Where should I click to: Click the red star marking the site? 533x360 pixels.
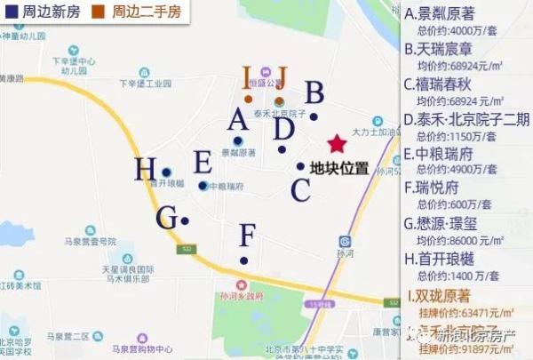[x=337, y=144]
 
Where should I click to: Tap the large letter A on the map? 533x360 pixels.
[x=237, y=119]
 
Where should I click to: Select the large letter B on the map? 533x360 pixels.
[x=314, y=93]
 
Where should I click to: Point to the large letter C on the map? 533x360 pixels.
[x=301, y=189]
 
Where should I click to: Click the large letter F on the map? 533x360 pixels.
[x=248, y=236]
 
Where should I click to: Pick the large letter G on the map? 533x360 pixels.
[x=166, y=218]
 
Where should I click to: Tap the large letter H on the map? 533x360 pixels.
[x=146, y=169]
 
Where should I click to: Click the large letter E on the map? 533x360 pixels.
[x=203, y=163]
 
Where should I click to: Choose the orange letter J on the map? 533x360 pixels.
[x=282, y=77]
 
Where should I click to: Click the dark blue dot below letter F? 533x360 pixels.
[x=244, y=260]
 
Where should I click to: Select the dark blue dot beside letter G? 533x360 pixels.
[x=185, y=220]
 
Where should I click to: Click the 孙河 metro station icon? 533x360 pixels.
[x=344, y=241]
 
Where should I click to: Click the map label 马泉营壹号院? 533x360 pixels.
[x=82, y=242]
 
